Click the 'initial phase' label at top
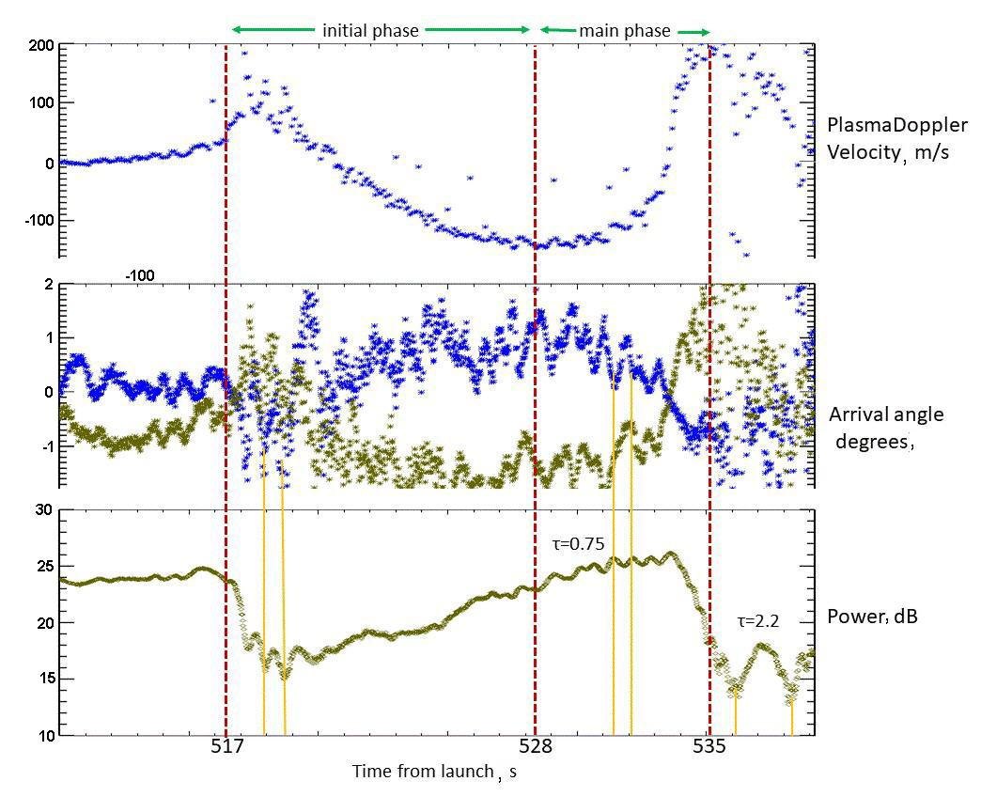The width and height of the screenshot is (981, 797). (370, 30)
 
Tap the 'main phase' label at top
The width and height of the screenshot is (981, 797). (624, 30)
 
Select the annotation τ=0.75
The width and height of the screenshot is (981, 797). (577, 543)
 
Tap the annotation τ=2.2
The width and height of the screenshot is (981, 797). (758, 620)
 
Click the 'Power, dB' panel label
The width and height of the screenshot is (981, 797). (872, 617)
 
